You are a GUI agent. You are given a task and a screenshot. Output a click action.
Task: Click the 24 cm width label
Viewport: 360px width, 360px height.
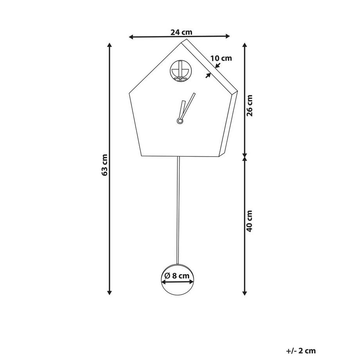coord(181,32)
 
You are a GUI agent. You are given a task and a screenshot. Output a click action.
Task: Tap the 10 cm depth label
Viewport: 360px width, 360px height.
coord(221,58)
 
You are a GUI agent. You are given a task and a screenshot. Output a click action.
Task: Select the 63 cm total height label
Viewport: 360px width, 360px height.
coord(104,165)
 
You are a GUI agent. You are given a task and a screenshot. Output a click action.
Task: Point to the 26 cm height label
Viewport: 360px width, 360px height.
coord(249,106)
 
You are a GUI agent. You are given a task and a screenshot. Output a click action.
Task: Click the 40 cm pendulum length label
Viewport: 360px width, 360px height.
coord(249,221)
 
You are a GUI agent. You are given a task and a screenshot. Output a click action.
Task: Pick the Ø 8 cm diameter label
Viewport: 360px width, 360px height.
coord(177,275)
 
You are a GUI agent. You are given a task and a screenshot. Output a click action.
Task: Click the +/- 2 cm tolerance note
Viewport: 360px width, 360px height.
coord(301,351)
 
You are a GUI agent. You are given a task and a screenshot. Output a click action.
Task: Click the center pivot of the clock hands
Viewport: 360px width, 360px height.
coord(180,121)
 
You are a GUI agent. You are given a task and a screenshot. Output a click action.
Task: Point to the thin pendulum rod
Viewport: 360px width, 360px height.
coord(178,210)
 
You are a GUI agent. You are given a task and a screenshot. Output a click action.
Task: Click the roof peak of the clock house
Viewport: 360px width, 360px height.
coord(183,42)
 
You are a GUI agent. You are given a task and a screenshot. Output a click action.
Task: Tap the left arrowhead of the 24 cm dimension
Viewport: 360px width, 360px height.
coord(131,37)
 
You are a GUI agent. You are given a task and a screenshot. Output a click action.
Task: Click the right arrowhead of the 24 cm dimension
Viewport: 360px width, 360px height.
coord(227,36)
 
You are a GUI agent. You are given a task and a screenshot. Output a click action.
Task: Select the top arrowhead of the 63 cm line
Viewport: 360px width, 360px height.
coord(110,45)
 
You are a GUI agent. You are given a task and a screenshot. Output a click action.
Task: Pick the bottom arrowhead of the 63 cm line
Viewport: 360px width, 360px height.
coord(110,292)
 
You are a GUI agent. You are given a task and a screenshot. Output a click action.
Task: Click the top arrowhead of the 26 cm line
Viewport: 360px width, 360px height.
coord(245,45)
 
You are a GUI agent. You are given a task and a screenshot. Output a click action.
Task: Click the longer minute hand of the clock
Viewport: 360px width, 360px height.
coord(189,105)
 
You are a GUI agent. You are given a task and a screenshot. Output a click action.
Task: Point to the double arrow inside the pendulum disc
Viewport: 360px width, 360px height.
coord(178,282)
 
